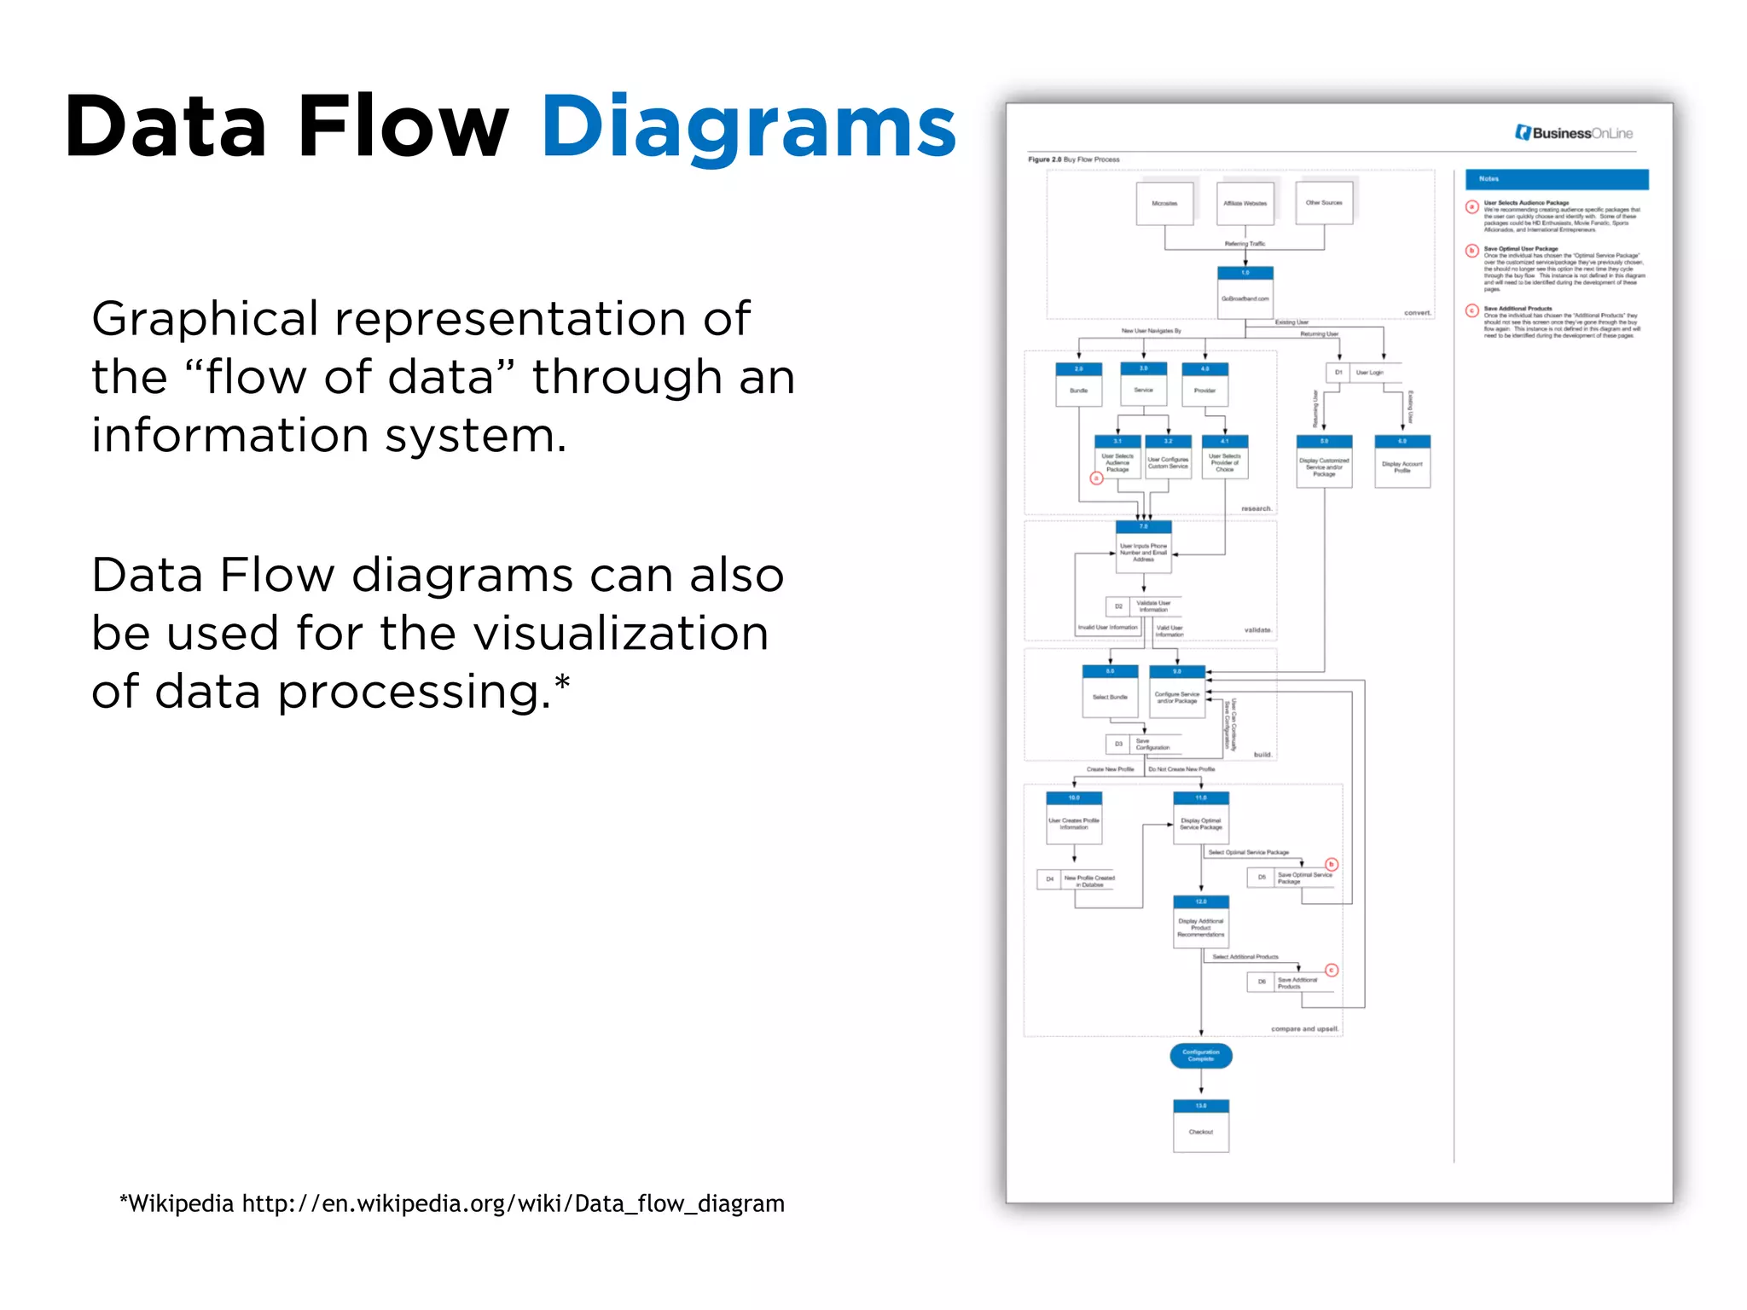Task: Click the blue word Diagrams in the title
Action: point(748,128)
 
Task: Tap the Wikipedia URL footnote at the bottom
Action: point(452,1203)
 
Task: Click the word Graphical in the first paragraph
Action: point(205,319)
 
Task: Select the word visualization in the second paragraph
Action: point(620,634)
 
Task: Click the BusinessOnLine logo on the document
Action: point(1574,133)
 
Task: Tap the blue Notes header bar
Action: point(1557,179)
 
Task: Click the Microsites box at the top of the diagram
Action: point(1164,204)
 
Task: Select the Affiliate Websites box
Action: point(1245,204)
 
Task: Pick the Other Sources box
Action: point(1324,203)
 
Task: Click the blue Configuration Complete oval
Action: point(1201,1055)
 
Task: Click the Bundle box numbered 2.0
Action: point(1078,385)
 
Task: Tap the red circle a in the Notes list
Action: point(1471,206)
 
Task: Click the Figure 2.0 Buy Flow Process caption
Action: point(1073,159)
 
